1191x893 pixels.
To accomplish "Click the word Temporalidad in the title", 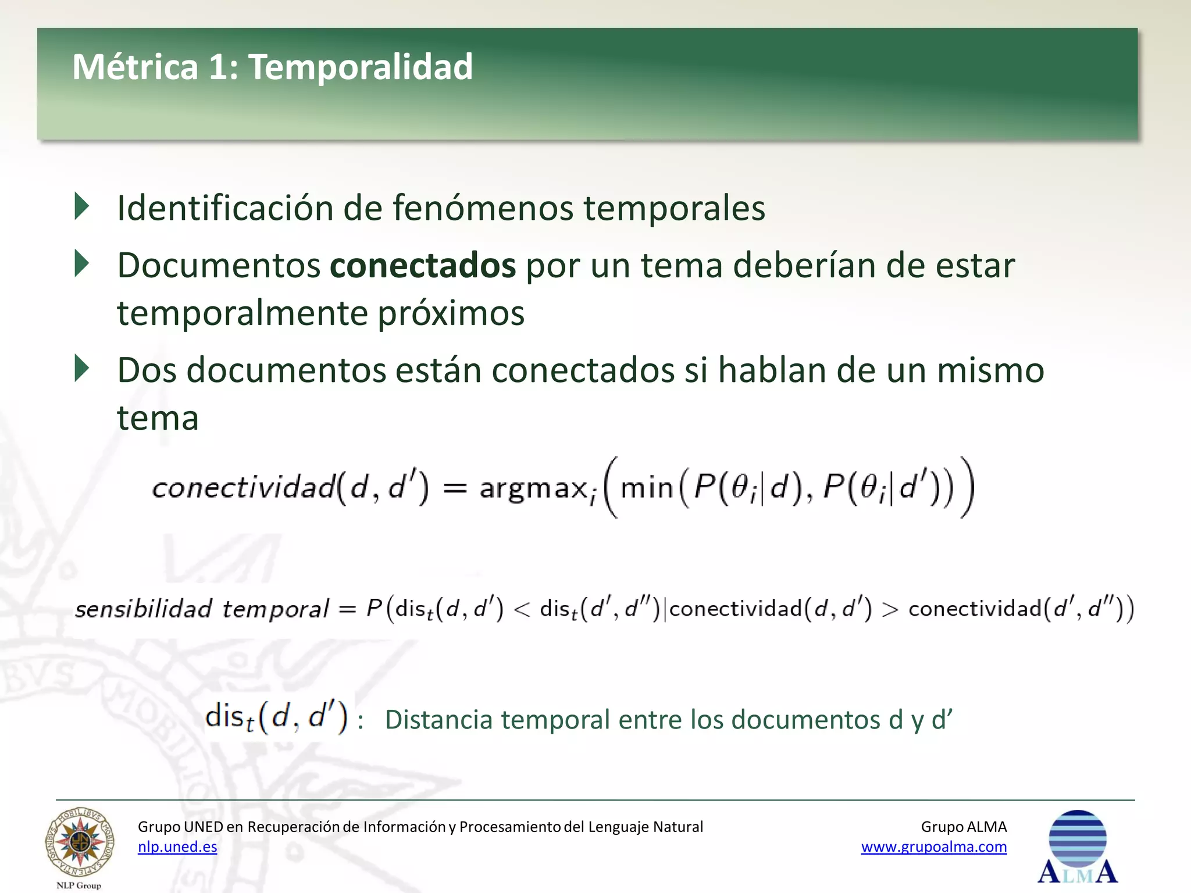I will (361, 67).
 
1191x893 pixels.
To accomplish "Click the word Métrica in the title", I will (135, 67).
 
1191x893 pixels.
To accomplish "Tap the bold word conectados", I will (423, 266).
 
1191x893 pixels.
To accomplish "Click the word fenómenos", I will (483, 208).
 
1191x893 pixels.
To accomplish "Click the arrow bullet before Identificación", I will (82, 207).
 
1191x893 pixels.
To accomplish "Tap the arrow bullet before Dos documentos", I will (82, 369).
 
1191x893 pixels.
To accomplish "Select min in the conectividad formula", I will (646, 488).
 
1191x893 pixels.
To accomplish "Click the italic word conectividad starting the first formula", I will (244, 487).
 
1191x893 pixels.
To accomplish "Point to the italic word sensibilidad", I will (144, 609).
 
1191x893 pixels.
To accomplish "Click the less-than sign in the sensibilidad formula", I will (522, 609).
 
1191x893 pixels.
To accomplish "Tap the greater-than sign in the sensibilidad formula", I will (890, 609).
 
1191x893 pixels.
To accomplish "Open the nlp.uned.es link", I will (177, 847).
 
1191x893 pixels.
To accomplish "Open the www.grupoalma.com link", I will (933, 847).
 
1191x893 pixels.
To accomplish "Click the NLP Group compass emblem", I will (80, 842).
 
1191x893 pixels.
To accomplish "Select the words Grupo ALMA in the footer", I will (964, 827).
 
